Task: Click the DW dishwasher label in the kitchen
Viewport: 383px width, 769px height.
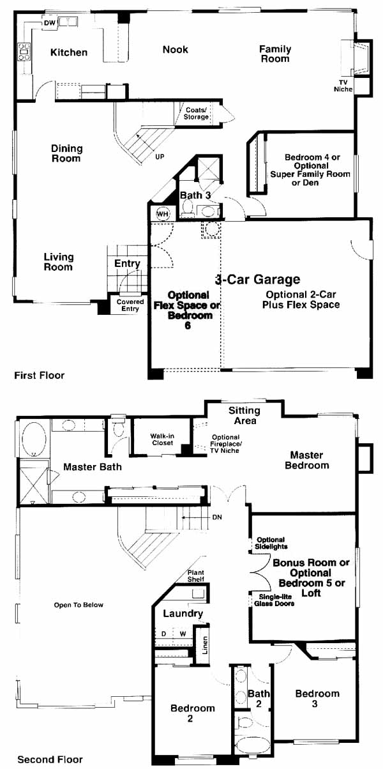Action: tap(49, 23)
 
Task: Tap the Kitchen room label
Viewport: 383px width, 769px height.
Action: tap(69, 52)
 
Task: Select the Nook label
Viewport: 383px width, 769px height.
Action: tap(176, 49)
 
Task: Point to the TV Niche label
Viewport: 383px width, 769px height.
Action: tap(343, 86)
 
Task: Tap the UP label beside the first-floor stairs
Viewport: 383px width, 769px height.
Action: tap(160, 156)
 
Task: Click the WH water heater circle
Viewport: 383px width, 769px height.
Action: tap(163, 214)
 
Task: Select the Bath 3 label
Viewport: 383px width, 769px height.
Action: tap(195, 195)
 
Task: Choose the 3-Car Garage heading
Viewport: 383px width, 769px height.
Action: tap(257, 280)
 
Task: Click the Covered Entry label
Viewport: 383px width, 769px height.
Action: tap(130, 305)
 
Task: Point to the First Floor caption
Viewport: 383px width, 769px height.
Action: tap(39, 375)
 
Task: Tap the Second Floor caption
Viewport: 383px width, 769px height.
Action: tap(50, 759)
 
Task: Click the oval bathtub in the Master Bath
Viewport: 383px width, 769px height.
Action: tap(34, 439)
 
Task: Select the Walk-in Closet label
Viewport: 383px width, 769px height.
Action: tap(162, 439)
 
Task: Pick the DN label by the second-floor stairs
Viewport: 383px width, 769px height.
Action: tap(217, 517)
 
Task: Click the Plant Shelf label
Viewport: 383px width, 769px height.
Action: tap(196, 575)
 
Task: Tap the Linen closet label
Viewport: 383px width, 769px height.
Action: tap(205, 645)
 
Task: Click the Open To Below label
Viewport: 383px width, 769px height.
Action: tap(79, 605)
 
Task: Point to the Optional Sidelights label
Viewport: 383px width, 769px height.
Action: tap(271, 543)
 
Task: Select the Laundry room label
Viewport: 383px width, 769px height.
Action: tap(183, 613)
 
